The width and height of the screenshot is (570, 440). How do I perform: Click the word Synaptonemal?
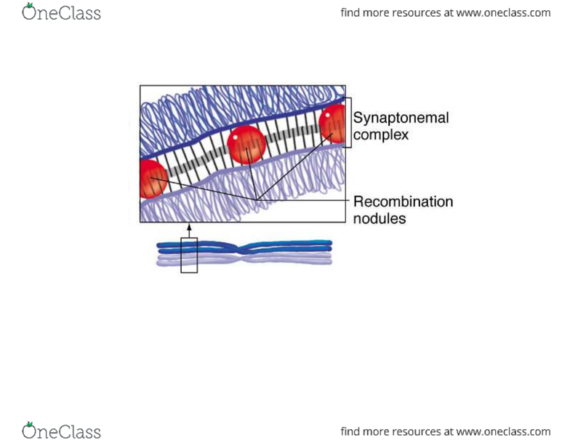tap(401, 118)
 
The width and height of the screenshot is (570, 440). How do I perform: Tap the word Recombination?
tap(403, 201)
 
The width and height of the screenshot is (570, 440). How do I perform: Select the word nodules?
tap(379, 218)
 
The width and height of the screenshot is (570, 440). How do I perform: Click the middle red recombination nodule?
tap(246, 145)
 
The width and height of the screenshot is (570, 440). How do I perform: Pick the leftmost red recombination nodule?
tap(152, 180)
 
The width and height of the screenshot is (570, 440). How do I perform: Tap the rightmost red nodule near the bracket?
tap(334, 122)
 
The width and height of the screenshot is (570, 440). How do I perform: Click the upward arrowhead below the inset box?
tap(189, 228)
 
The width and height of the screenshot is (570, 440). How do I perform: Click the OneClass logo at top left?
tap(62, 12)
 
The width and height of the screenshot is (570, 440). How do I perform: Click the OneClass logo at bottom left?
tap(62, 431)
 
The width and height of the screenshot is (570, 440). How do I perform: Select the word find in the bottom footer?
tap(352, 431)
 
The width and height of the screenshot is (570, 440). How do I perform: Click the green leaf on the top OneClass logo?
tap(30, 7)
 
